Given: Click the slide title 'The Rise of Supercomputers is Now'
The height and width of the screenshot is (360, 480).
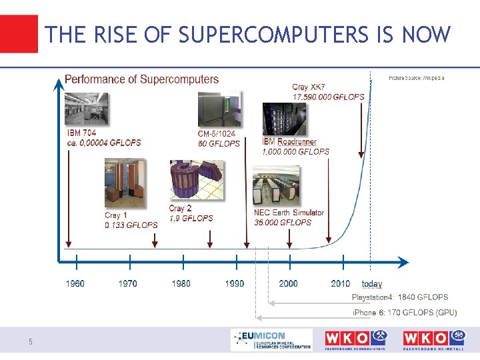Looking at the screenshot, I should coord(248,35).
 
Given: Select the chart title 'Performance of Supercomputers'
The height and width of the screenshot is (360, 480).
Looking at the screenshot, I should coord(141,79).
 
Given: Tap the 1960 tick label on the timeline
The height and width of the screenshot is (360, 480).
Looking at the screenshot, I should coord(75,283).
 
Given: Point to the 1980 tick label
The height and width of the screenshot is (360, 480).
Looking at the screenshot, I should coord(181,283).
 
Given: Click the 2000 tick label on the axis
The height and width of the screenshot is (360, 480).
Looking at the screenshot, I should coord(288,283).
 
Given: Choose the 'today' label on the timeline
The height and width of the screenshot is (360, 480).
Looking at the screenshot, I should coord(372,284).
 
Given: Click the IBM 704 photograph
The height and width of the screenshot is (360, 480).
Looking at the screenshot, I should coord(86,109).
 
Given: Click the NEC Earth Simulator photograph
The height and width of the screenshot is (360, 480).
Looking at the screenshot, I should coord(276,186).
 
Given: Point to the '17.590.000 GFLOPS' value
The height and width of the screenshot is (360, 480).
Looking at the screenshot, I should coord(328,97).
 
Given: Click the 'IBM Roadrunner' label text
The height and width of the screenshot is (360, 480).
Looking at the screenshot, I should coord(289,142).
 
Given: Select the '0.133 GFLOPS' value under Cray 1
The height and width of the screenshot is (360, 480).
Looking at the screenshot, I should coord(131,225).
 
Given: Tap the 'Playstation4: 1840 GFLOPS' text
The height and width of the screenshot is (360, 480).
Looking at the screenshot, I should coord(400,297).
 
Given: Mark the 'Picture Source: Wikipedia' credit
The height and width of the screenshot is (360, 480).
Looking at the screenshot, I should coord(416,79).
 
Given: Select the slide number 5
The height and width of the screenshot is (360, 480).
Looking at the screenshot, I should coord(30,342).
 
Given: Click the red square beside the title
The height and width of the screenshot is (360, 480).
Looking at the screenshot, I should coord(19,33).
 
